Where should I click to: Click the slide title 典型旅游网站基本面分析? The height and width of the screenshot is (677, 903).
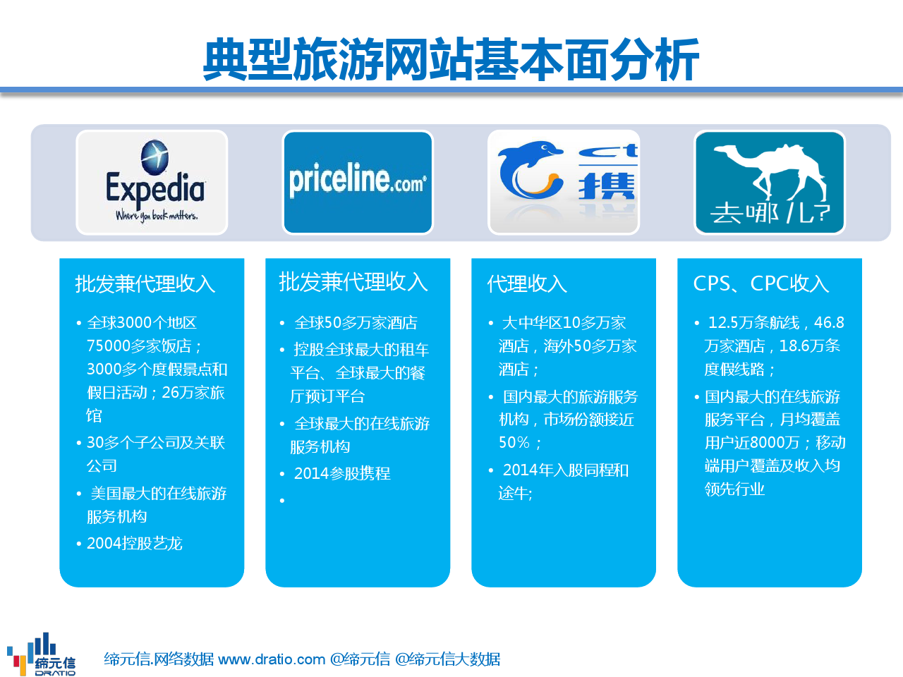coord(451,60)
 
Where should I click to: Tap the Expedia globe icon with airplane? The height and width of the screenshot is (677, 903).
coord(154,157)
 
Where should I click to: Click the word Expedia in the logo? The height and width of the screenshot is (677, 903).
coord(155,189)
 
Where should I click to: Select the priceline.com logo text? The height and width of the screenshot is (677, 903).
coord(358,180)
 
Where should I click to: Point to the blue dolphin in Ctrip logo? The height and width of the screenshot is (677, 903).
coord(531,169)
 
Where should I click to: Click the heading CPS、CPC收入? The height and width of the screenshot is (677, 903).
coord(760,283)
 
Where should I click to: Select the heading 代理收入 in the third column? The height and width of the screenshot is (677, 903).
coord(527,283)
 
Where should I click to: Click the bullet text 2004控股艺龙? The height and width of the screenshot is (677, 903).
coord(134,544)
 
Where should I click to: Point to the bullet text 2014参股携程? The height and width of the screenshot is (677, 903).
coord(342,473)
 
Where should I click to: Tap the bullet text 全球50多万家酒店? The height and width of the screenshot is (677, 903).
coord(356,323)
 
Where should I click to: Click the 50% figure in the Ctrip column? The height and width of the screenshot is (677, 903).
coord(514,442)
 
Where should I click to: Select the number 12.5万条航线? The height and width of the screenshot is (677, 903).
coord(753,323)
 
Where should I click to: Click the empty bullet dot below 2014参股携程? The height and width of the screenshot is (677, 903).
coord(282,500)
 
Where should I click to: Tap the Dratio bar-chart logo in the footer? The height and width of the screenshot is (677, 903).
coord(41,654)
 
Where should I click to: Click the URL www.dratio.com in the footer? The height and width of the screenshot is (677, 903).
coord(272,659)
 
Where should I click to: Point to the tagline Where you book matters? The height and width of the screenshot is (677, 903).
coord(157,216)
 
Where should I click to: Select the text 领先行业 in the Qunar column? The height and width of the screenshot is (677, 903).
coord(734,489)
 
